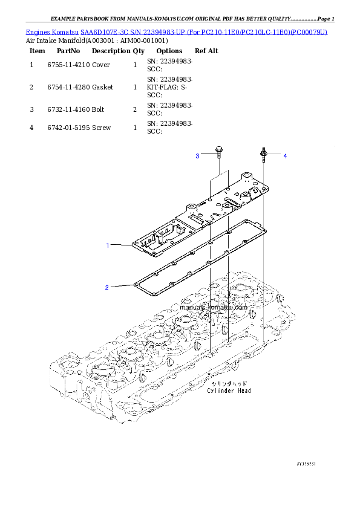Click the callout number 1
pyautogui.click(x=108, y=245)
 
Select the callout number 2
pyautogui.click(x=107, y=287)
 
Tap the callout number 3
pyautogui.click(x=197, y=157)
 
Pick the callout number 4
pyautogui.click(x=285, y=156)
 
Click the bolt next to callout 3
pyautogui.click(x=218, y=152)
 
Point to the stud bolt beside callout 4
pyautogui.click(x=264, y=154)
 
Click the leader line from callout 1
pyautogui.click(x=121, y=245)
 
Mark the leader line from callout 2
pyautogui.click(x=121, y=285)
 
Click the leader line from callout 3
pyautogui.click(x=207, y=156)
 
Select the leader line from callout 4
pyautogui.click(x=275, y=155)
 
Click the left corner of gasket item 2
pyautogui.click(x=135, y=284)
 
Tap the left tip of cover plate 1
pyautogui.click(x=133, y=243)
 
